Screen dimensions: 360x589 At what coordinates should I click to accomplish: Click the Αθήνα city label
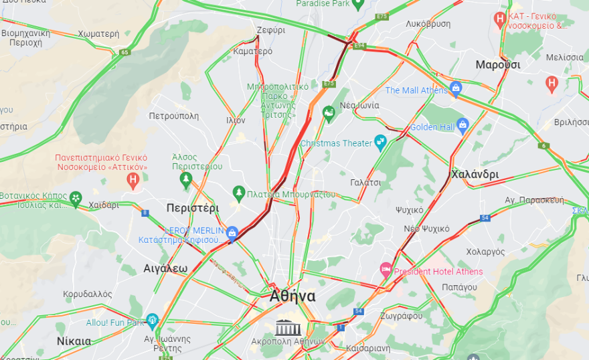[292, 296]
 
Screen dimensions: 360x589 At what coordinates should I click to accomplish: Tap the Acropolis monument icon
[288, 327]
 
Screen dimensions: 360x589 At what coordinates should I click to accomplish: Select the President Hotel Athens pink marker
[386, 271]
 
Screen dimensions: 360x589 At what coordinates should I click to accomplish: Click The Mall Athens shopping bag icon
[456, 88]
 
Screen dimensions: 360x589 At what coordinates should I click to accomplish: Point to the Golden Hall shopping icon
[462, 125]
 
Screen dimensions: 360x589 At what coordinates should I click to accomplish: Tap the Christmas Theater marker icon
[380, 142]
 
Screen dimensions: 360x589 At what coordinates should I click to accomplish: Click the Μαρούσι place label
[497, 65]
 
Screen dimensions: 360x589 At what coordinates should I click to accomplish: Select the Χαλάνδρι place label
[475, 174]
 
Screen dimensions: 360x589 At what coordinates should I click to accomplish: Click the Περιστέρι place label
[193, 208]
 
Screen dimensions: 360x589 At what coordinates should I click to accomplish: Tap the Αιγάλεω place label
[165, 268]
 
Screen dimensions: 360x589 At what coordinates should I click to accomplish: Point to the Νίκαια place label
[74, 341]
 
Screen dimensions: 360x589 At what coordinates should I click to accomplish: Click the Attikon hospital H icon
[133, 179]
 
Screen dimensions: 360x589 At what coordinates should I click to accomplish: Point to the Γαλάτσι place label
[365, 182]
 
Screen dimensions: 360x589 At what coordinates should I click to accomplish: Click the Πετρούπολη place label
[173, 116]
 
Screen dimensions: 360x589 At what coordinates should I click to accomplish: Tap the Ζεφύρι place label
[270, 30]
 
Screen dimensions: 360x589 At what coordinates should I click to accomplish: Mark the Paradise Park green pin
[357, 4]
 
